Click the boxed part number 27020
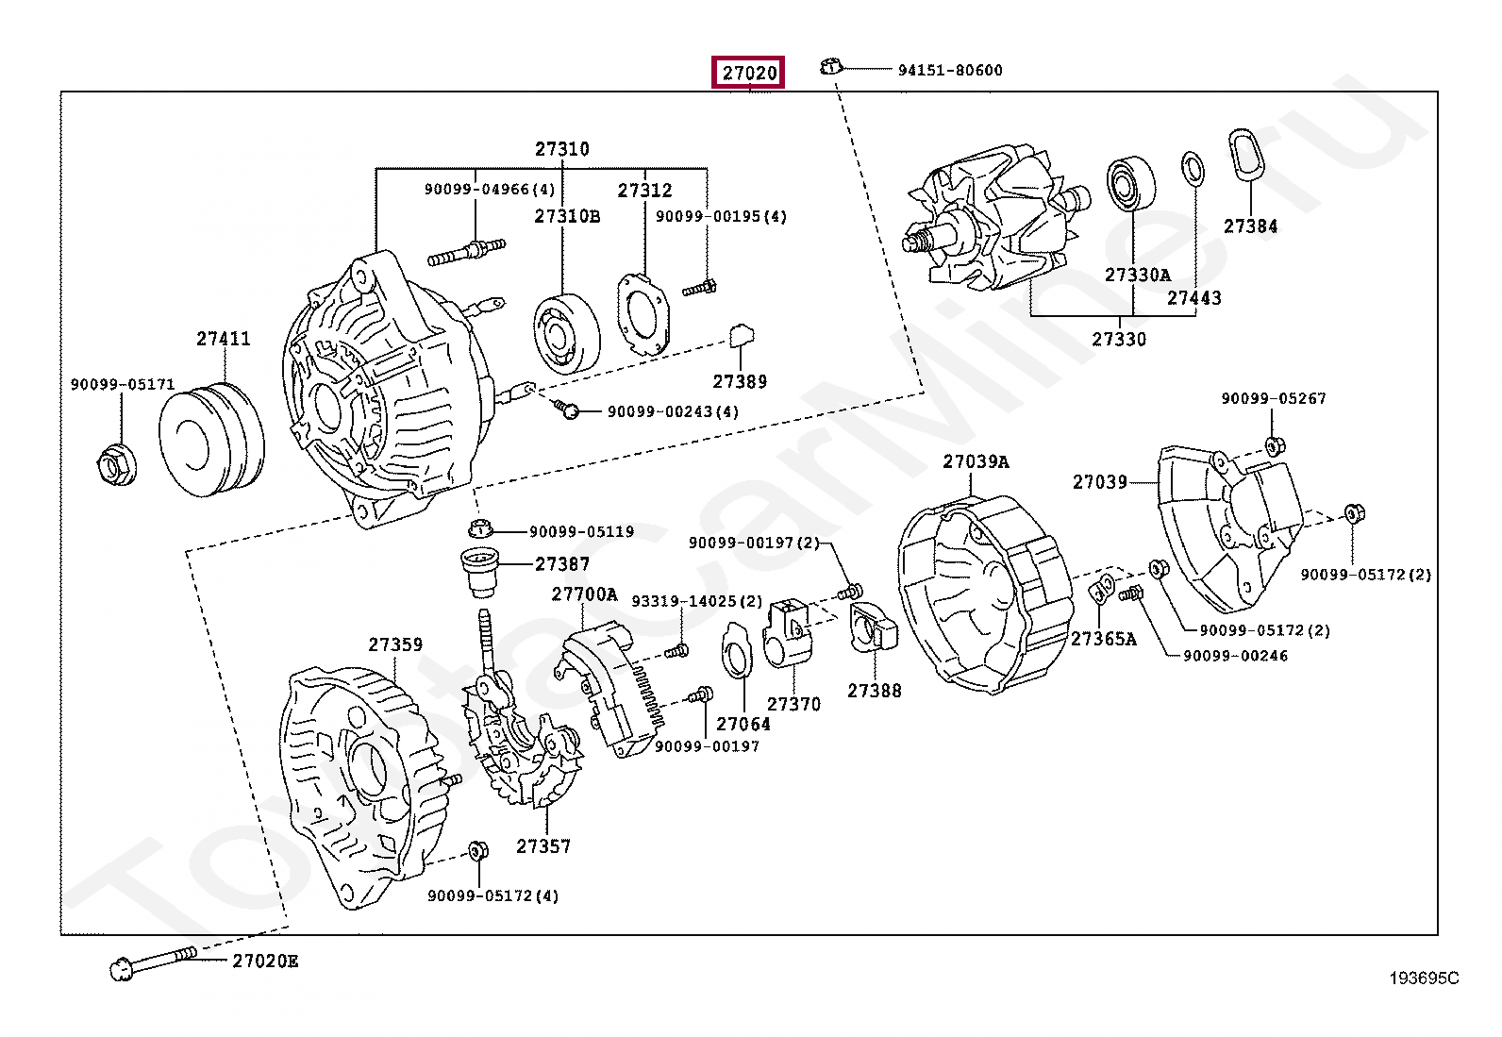tap(748, 73)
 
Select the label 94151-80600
tap(950, 71)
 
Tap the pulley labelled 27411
tap(212, 441)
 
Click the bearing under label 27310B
tap(567, 333)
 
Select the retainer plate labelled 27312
tap(643, 314)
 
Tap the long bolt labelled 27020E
tap(154, 964)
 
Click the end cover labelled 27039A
tap(986, 595)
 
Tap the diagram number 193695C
tap(1424, 978)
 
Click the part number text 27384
tap(1250, 226)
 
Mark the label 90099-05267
tap(1274, 398)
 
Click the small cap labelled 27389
tap(741, 335)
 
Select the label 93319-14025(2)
tap(696, 602)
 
